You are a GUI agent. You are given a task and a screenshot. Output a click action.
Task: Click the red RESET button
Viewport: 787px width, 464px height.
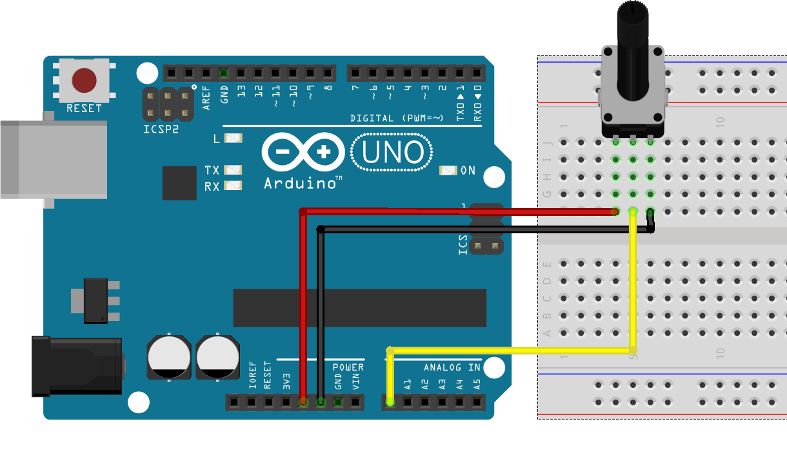tap(84, 81)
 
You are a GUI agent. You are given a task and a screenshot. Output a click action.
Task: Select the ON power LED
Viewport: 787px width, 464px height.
tap(448, 171)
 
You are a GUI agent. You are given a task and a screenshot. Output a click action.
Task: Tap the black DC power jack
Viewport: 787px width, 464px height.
tap(77, 366)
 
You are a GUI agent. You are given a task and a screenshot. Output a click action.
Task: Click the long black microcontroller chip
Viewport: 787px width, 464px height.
tap(359, 308)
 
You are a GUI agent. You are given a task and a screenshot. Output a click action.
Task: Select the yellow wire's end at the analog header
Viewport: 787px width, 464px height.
tap(390, 402)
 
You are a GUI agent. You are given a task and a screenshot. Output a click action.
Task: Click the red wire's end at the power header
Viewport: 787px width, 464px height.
tap(303, 402)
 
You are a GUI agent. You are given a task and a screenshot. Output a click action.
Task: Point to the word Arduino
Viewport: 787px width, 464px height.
tap(302, 184)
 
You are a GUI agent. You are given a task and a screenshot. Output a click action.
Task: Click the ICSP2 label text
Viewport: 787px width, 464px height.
tap(161, 128)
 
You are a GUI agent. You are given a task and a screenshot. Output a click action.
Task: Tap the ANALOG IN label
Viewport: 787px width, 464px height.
tap(452, 367)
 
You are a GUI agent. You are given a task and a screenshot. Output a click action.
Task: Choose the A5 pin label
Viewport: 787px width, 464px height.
tap(477, 385)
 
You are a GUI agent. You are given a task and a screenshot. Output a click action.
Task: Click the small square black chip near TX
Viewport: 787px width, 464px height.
tap(179, 183)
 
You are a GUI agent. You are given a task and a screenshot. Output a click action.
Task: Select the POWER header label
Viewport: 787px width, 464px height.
tap(348, 367)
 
